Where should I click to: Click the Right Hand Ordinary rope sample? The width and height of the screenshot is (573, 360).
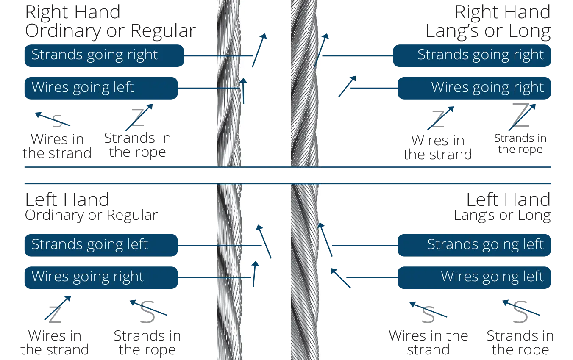(232, 85)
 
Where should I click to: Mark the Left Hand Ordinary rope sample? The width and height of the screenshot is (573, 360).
(232, 271)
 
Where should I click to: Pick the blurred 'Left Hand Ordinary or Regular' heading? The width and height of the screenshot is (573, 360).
(91, 206)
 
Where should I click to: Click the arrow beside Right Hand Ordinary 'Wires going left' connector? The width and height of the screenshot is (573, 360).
(244, 91)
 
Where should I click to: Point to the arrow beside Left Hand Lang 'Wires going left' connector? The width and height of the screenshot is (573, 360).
(341, 279)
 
